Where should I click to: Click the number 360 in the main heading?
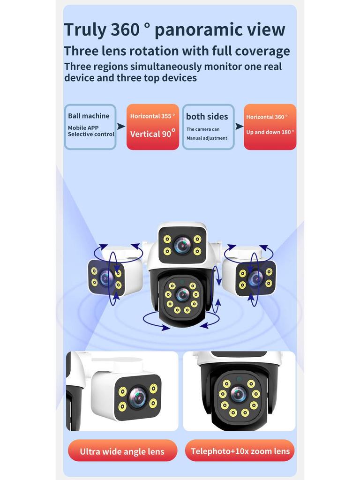tap(126, 30)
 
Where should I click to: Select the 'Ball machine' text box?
tap(90, 127)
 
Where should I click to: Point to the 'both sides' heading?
tap(207, 117)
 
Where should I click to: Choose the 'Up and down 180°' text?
tap(270, 132)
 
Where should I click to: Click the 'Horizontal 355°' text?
tap(152, 116)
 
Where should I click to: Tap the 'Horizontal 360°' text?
tap(267, 117)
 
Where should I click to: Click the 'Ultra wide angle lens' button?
tap(122, 451)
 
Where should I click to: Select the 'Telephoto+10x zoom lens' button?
tap(240, 451)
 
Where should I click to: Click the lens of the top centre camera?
tap(182, 245)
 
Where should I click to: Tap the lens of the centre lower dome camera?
tap(182, 294)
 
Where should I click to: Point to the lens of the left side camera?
tap(106, 278)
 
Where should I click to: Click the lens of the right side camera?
tap(255, 278)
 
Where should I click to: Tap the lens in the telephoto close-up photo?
tap(239, 394)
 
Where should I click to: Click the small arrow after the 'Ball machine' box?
tap(121, 127)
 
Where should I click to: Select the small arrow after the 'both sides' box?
tap(239, 127)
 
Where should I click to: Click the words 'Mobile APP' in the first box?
tap(83, 127)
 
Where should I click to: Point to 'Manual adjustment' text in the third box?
tap(207, 138)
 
